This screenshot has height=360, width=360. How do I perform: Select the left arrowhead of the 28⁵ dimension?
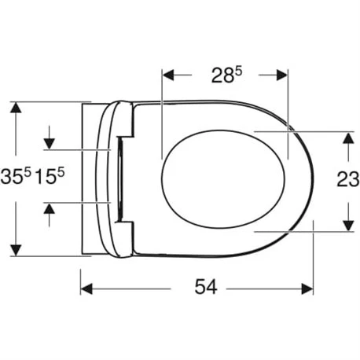[168, 75]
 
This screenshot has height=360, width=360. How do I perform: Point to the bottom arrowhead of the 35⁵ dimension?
[16, 250]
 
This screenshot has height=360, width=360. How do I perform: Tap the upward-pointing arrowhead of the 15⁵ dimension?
[50, 208]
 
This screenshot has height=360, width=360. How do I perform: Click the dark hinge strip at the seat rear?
[118, 177]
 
